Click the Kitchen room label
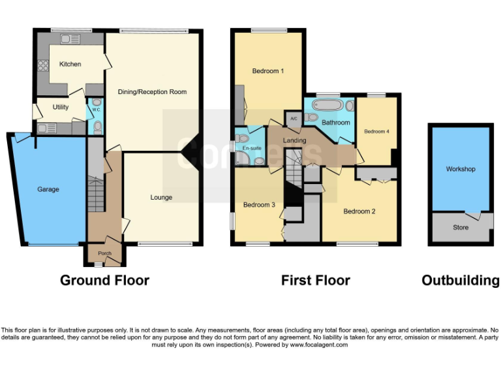[70, 64]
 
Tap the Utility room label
[61, 107]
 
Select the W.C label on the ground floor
[95, 110]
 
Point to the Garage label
[48, 189]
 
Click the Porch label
[104, 253]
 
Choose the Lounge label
[161, 197]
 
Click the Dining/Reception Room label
[152, 92]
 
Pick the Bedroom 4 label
[376, 131]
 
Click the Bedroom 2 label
[359, 211]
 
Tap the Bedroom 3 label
[259, 205]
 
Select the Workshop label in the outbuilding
[460, 169]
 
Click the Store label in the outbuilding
[460, 228]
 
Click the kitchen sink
[69, 39]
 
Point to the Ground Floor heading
[104, 281]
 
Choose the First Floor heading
[315, 281]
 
